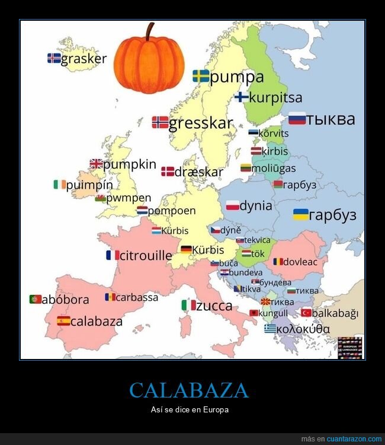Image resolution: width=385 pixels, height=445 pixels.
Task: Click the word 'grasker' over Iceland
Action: click(84, 59)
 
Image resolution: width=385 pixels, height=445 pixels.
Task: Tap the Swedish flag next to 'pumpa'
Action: click(201, 76)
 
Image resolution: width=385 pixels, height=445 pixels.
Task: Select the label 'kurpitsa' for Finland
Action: click(275, 97)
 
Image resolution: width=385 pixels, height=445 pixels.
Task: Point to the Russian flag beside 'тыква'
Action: click(297, 118)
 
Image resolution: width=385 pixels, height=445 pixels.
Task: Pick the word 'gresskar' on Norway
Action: click(201, 123)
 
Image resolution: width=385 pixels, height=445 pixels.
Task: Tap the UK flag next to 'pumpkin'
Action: click(96, 164)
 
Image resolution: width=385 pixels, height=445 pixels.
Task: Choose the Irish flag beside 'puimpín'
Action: click(59, 185)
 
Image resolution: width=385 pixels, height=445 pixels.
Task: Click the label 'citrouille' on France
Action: click(146, 256)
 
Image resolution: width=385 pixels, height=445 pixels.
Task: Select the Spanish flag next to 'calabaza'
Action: click(63, 321)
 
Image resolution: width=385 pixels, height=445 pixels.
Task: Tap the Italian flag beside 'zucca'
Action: click(188, 306)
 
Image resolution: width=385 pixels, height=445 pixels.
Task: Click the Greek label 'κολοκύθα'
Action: click(303, 329)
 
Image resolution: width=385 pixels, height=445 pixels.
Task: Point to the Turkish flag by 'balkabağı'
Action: click(306, 313)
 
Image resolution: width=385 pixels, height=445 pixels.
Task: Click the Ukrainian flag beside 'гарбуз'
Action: click(301, 214)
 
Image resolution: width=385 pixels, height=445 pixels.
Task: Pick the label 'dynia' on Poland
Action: click(255, 206)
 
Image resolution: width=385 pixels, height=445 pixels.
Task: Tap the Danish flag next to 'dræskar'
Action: click(167, 172)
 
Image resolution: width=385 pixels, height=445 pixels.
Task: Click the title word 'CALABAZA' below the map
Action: click(189, 390)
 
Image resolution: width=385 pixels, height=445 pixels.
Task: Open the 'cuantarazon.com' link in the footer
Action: click(354, 439)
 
